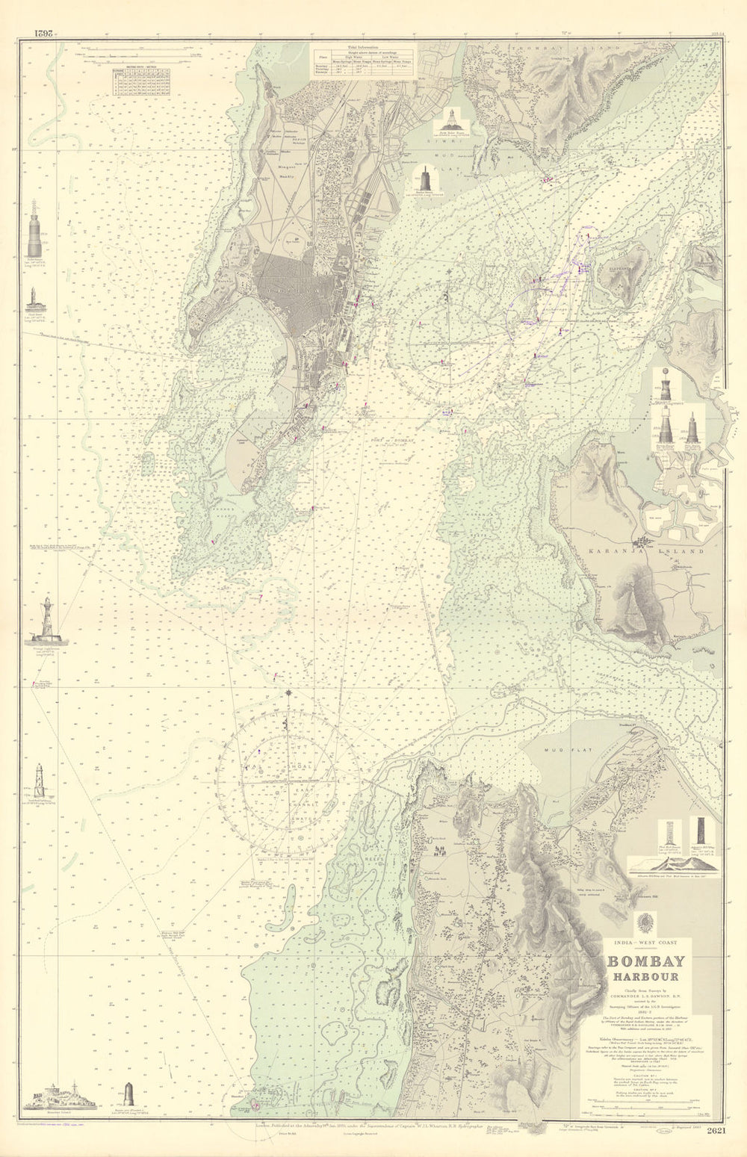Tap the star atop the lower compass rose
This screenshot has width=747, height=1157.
point(289,695)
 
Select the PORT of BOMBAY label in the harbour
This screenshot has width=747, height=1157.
point(392,440)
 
